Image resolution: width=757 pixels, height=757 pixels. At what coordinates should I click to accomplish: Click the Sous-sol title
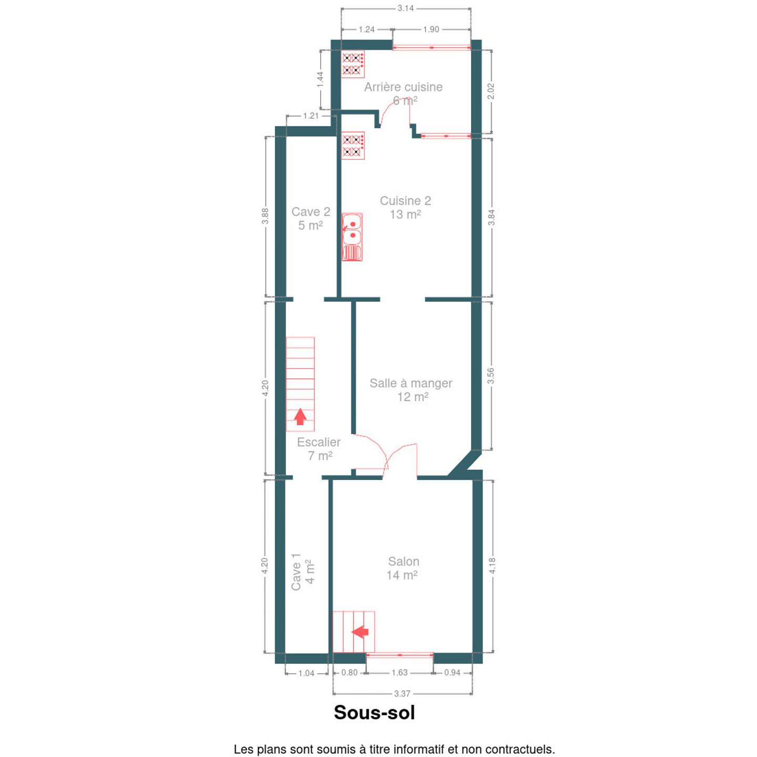[x=374, y=712]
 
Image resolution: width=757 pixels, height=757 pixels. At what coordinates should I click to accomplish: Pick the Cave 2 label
[x=310, y=218]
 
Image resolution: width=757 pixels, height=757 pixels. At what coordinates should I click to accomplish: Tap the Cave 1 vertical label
[x=302, y=571]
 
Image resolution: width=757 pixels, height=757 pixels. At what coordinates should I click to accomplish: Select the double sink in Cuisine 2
[x=352, y=237]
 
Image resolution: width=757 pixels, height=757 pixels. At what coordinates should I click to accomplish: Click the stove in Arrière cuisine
[x=353, y=64]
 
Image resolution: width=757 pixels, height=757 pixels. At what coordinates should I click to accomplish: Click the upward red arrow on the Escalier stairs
[x=301, y=416]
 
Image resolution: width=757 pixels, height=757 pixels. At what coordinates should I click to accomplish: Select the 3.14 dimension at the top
[x=405, y=8]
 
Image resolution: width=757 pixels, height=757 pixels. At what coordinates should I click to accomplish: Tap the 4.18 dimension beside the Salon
[x=492, y=566]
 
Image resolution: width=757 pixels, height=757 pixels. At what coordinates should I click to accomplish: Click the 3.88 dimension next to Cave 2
[x=265, y=216]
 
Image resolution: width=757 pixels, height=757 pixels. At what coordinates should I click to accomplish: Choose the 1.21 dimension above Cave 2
[x=311, y=116]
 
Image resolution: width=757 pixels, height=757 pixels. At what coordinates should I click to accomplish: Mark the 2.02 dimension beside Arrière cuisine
[x=490, y=91]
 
